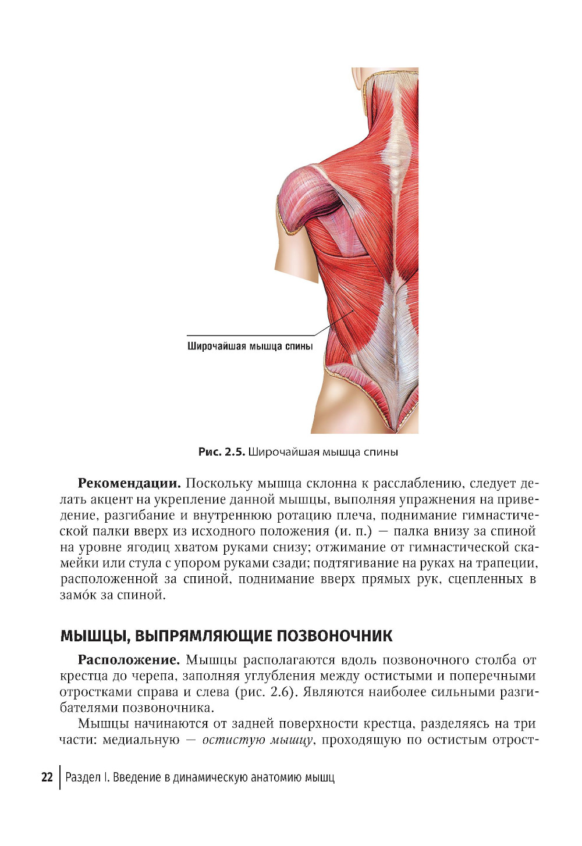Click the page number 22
point(47,777)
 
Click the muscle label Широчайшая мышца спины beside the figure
point(250,347)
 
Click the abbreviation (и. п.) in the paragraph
point(353,531)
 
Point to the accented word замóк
point(78,595)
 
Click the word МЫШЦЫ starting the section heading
point(95,636)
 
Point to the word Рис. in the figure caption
point(210,452)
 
